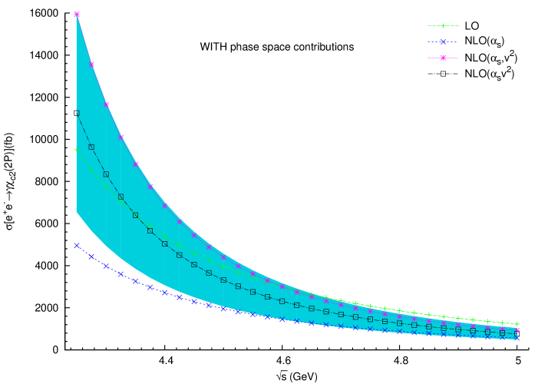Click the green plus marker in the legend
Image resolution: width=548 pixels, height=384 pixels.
click(x=443, y=25)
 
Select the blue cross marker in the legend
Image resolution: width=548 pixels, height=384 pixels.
click(x=443, y=41)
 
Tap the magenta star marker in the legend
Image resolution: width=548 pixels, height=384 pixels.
click(x=443, y=58)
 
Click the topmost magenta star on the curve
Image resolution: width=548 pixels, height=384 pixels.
click(x=77, y=14)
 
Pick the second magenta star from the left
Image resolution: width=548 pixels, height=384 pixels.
click(x=91, y=65)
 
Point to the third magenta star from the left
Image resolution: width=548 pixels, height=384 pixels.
click(x=106, y=104)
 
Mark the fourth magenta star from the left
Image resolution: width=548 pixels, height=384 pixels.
click(x=120, y=137)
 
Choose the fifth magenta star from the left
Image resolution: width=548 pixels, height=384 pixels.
click(x=135, y=164)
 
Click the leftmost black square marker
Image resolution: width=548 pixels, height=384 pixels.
click(x=77, y=113)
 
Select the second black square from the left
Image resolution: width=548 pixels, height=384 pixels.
click(x=91, y=147)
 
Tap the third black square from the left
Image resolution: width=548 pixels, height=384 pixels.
click(x=106, y=174)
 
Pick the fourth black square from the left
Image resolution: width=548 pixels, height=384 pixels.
click(x=120, y=197)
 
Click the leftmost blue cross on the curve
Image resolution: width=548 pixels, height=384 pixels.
click(x=77, y=246)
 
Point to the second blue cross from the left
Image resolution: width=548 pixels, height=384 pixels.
click(x=91, y=257)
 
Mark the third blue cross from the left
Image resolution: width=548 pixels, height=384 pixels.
click(x=106, y=266)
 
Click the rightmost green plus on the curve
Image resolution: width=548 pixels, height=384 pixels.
click(x=517, y=324)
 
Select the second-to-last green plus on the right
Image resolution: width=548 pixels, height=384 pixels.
click(x=503, y=323)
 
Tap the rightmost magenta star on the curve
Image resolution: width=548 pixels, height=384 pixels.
click(x=517, y=330)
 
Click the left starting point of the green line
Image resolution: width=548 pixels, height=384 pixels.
click(x=75, y=150)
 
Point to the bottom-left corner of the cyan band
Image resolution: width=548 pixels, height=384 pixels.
click(x=76, y=212)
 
